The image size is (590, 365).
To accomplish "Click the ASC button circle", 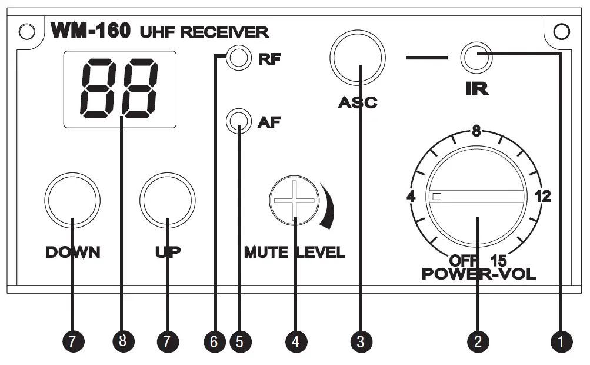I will [x=358, y=58].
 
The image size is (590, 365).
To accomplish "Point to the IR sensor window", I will [x=476, y=57].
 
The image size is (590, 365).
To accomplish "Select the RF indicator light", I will [x=238, y=58].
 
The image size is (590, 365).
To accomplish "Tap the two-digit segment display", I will [x=121, y=89].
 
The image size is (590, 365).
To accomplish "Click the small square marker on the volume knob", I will [x=436, y=197].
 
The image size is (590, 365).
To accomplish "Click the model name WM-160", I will [x=91, y=32].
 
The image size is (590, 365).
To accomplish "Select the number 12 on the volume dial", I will [x=542, y=197].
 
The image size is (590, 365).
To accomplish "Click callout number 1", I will [x=560, y=340].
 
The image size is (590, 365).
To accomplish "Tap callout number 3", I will [x=360, y=340].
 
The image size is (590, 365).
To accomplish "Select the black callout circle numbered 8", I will [x=122, y=340].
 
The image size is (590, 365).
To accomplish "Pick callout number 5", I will [x=239, y=340].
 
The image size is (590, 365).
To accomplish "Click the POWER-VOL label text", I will [x=479, y=274].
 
